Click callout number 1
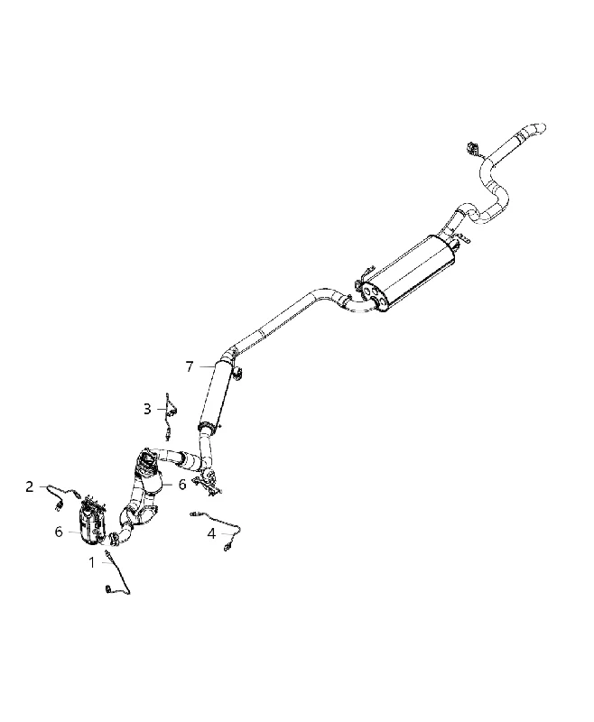[x=92, y=562]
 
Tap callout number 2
[x=30, y=486]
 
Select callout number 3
[x=147, y=409]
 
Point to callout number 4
[x=211, y=533]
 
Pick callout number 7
[x=190, y=366]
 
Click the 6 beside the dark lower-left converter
[x=59, y=532]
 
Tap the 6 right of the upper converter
[x=182, y=484]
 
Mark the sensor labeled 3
[x=171, y=413]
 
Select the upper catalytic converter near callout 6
[x=149, y=475]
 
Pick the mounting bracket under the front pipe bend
[x=209, y=485]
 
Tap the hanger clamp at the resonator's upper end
[x=238, y=374]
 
